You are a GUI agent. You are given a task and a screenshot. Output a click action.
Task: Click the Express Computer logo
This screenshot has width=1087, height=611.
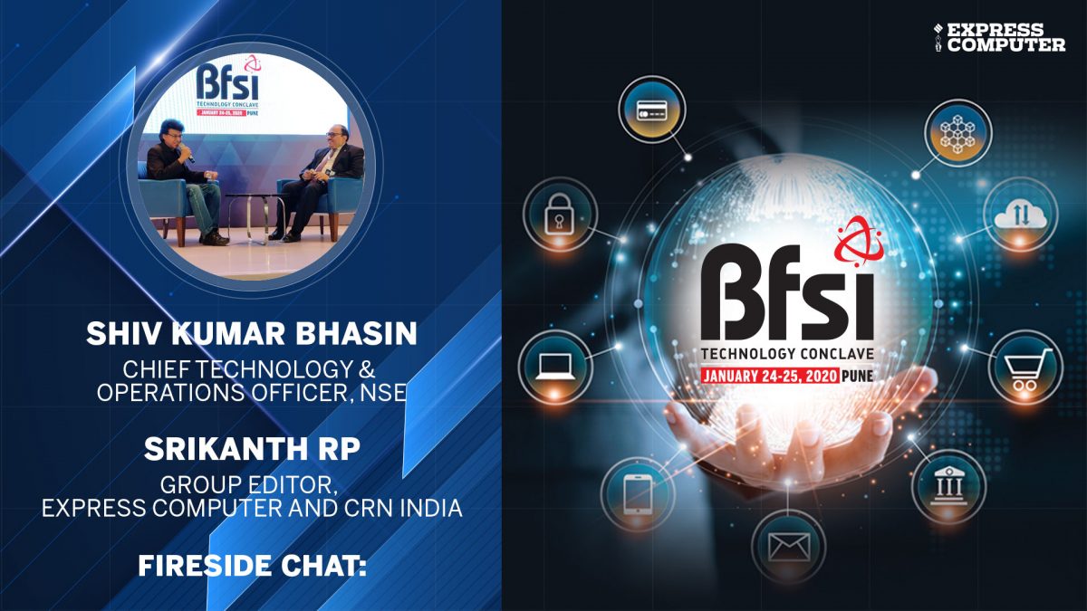click(x=1000, y=37)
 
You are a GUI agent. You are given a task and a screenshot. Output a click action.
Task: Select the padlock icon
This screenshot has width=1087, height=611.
click(x=560, y=215)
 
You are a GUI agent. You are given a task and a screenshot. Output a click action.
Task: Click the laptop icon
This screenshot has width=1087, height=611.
click(x=555, y=367)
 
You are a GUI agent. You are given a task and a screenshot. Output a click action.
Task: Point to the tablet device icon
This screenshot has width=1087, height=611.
click(x=638, y=494)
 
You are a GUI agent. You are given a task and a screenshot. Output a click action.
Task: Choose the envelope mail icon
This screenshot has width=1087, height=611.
click(x=790, y=547)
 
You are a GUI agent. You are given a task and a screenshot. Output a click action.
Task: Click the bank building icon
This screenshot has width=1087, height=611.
click(x=949, y=486)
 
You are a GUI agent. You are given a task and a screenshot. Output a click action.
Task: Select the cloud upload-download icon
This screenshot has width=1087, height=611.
click(x=1021, y=215)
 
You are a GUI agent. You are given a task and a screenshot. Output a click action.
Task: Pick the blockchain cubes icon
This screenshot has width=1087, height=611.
click(x=958, y=133)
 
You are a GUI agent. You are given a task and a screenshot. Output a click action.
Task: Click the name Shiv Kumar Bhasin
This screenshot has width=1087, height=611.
click(x=252, y=333)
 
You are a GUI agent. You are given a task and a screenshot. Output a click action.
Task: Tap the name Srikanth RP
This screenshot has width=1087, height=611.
click(x=252, y=449)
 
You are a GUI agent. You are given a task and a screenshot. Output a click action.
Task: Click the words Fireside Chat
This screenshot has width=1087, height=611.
click(x=252, y=566)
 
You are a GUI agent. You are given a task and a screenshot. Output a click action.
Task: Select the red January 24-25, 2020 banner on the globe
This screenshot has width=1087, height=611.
click(x=770, y=376)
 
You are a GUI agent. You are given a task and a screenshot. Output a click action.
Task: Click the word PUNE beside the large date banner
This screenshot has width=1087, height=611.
click(x=858, y=376)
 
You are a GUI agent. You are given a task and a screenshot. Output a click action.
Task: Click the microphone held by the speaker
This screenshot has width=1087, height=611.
click(x=188, y=154)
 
